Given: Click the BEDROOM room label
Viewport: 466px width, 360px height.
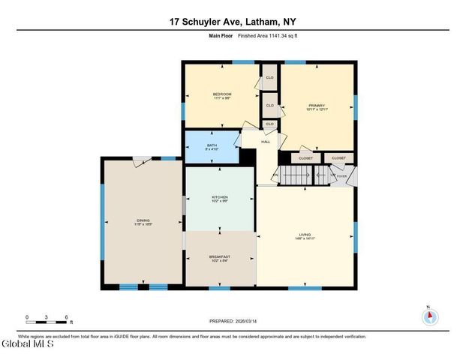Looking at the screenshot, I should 221,94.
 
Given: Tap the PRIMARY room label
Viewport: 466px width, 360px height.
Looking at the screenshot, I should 317,106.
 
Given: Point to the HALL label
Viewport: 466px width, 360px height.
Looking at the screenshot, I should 265,142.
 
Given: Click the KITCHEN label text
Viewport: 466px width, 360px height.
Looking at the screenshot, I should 220,197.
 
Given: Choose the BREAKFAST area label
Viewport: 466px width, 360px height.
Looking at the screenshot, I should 220,256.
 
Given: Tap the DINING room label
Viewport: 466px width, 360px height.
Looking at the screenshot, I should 143,220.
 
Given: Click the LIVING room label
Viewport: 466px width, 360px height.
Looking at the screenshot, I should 304,235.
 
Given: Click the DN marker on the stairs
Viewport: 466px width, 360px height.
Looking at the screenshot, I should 275,175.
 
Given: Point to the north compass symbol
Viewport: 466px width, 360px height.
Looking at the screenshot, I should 428,316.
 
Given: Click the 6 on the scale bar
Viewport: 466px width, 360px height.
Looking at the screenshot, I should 67,317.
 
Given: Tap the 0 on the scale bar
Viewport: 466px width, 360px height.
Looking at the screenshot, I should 26,317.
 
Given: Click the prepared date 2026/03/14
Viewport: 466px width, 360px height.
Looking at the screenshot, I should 253,320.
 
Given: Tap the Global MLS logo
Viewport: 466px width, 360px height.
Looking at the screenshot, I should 28,345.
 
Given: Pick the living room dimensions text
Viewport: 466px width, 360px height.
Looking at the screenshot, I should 304,238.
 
